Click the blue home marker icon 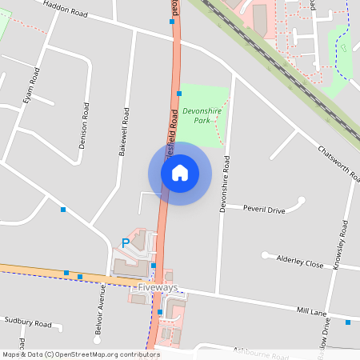click(180, 172)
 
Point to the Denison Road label click(82, 125)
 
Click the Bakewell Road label click(123, 131)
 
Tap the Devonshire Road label click(226, 183)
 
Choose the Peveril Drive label click(265, 210)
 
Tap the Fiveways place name click(158, 287)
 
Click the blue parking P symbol click(125, 242)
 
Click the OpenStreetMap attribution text click(80, 354)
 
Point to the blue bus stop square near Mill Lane click(348, 322)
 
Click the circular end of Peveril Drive click(302, 201)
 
